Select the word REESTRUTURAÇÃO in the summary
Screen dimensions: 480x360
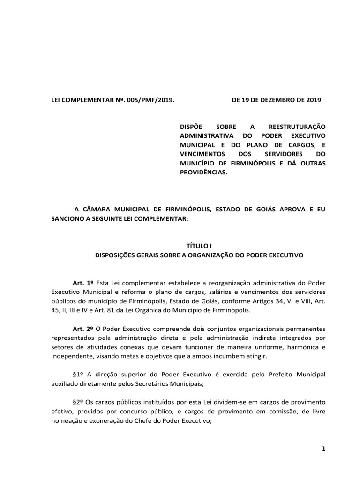(x=296, y=127)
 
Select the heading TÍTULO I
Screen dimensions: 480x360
(x=200, y=245)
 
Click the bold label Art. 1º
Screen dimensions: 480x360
(x=82, y=284)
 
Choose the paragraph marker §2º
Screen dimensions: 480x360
(x=80, y=403)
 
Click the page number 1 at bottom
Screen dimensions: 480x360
(x=323, y=449)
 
